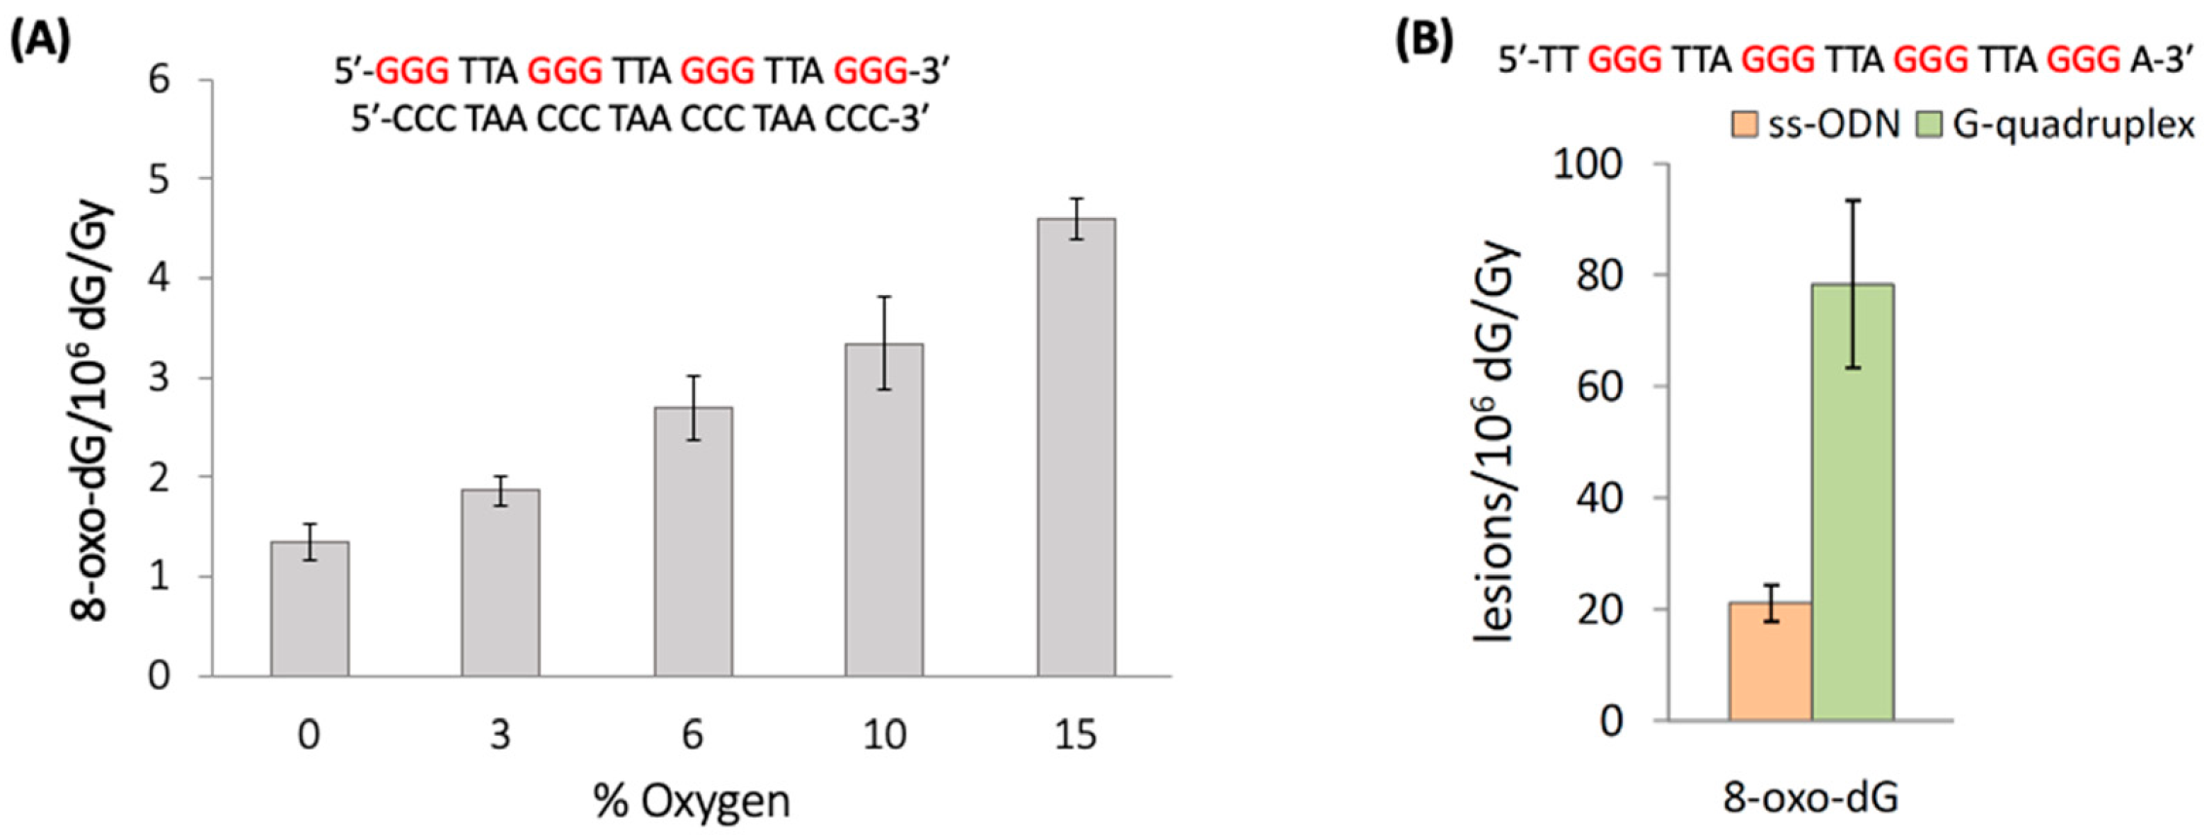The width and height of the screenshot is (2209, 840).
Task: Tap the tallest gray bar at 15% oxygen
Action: point(1076,448)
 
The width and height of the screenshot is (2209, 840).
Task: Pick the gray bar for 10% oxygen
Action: point(884,510)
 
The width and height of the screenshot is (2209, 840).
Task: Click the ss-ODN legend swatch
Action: point(1745,125)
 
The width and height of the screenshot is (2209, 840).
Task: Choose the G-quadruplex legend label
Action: point(2073,125)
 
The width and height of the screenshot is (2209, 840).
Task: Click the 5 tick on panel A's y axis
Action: point(159,179)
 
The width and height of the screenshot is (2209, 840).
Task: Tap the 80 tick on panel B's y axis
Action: point(1599,275)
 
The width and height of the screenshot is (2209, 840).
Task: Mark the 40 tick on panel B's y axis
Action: point(1599,498)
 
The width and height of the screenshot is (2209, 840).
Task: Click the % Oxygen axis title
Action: point(691,802)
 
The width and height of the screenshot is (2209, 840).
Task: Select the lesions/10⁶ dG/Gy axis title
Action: point(1494,443)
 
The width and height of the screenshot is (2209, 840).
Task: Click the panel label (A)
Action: point(40,40)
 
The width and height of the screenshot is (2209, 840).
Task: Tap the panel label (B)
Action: point(1423,40)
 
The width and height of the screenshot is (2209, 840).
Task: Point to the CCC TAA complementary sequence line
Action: point(640,120)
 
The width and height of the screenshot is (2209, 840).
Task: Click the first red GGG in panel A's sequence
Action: point(412,71)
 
